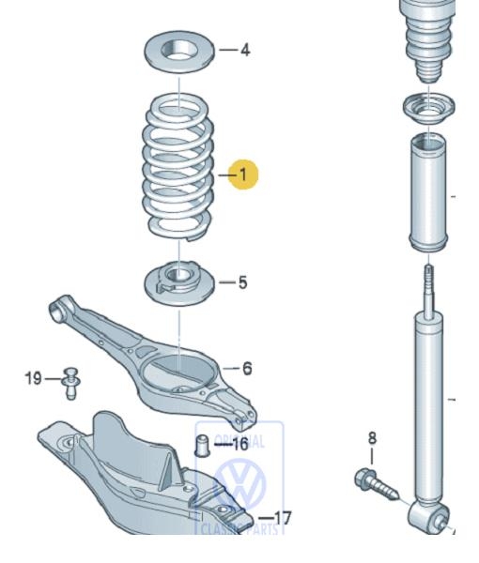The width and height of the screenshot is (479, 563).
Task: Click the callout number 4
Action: click(x=245, y=50)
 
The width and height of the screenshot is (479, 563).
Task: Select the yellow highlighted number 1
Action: click(x=242, y=175)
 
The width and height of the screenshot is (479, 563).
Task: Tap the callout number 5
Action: click(x=242, y=281)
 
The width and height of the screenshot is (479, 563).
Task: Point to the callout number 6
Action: click(x=246, y=369)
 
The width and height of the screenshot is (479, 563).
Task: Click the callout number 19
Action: click(x=33, y=378)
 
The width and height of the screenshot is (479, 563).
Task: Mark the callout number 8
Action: click(x=371, y=437)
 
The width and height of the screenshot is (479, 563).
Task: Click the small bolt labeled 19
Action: click(x=70, y=379)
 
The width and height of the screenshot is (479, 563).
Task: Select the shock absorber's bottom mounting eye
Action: click(x=434, y=515)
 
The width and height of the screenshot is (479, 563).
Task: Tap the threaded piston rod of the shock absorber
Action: click(x=430, y=285)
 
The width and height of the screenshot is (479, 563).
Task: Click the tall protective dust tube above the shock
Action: click(x=428, y=192)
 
